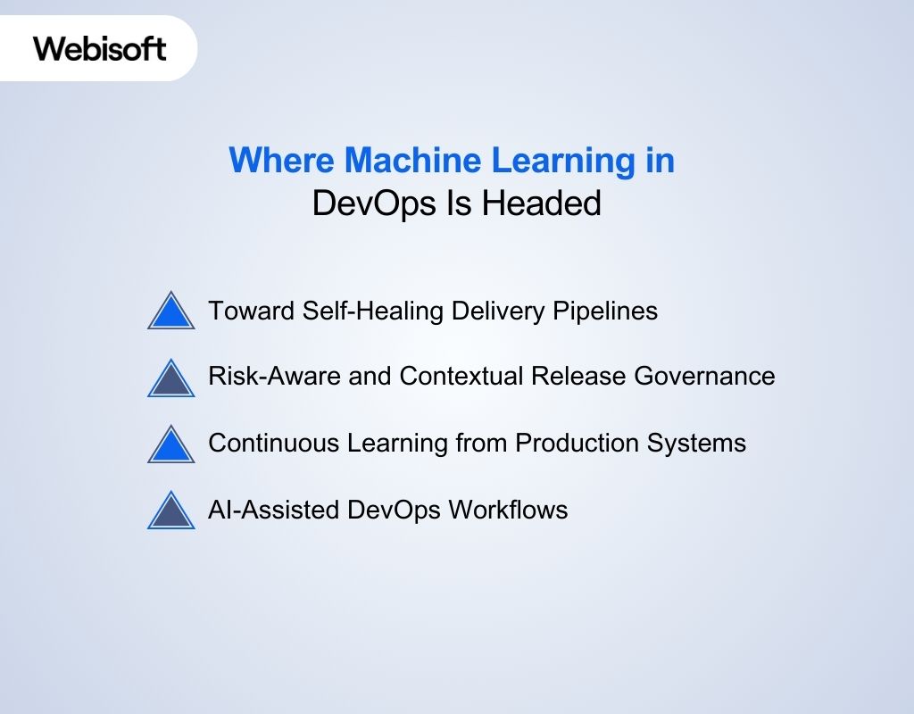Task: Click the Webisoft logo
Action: (100, 48)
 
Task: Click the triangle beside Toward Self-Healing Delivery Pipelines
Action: (170, 311)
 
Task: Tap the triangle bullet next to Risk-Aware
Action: (170, 378)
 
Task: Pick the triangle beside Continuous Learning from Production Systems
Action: (170, 444)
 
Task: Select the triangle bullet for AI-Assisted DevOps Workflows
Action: (170, 511)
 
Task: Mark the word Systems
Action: (702, 444)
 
